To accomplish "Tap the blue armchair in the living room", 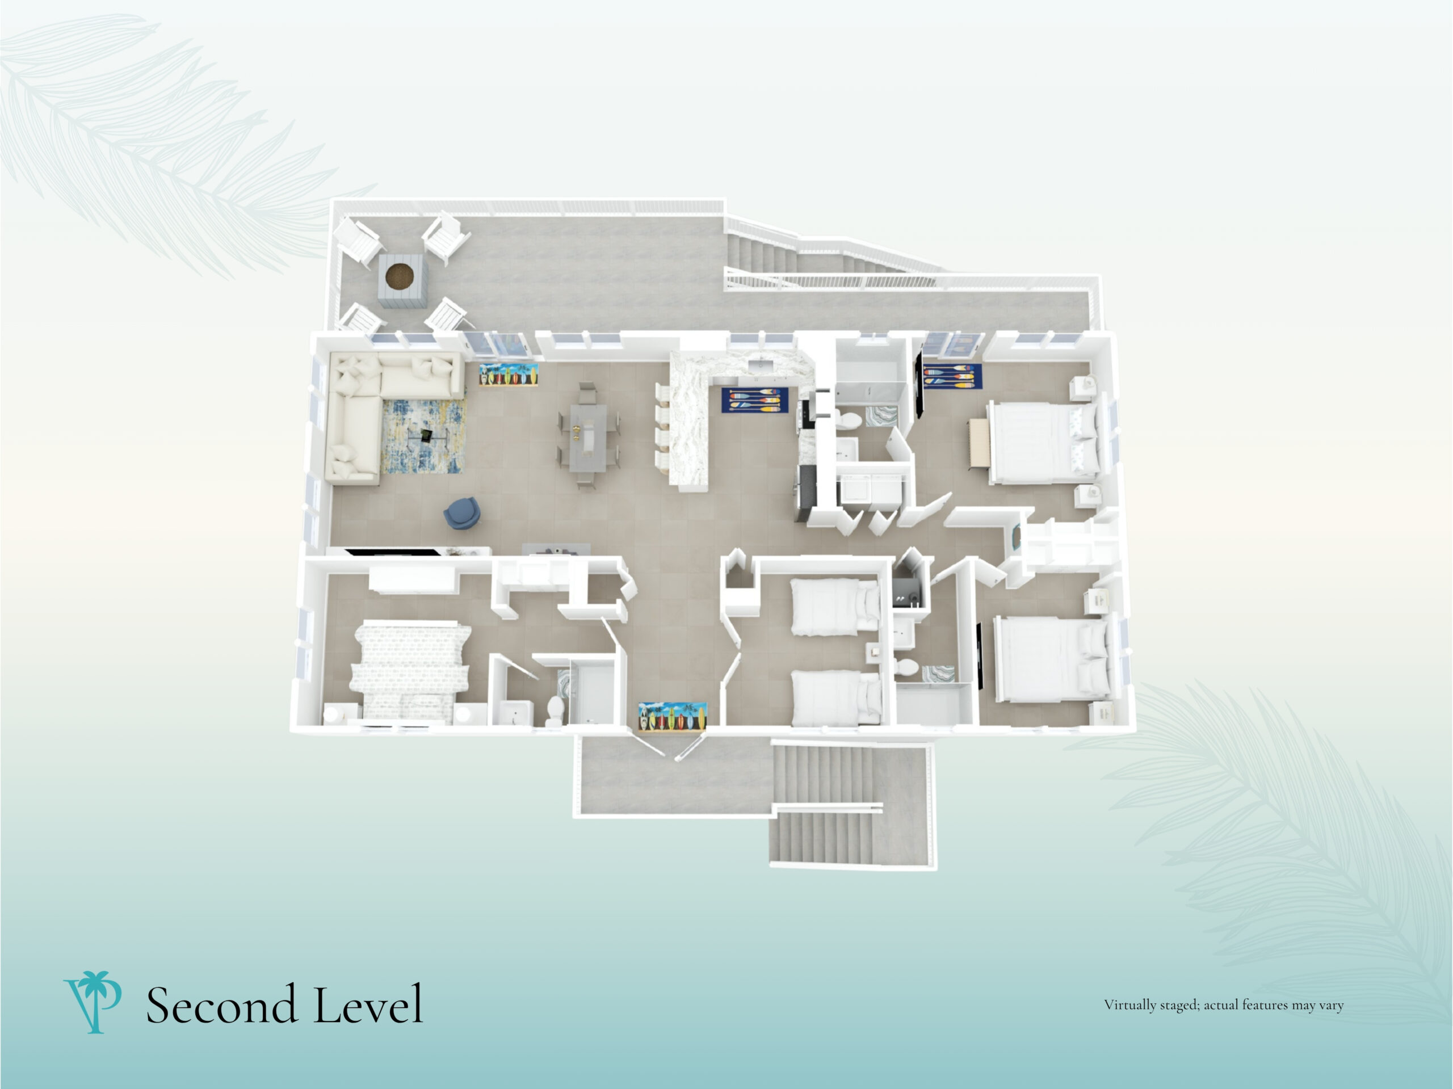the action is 462,513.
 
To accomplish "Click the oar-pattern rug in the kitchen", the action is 755,400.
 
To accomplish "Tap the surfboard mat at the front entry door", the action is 672,715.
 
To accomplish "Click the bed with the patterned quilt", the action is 410,671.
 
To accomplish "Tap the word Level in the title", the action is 368,1004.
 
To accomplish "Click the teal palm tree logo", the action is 93,1002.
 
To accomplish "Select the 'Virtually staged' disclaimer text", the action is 1224,1005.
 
